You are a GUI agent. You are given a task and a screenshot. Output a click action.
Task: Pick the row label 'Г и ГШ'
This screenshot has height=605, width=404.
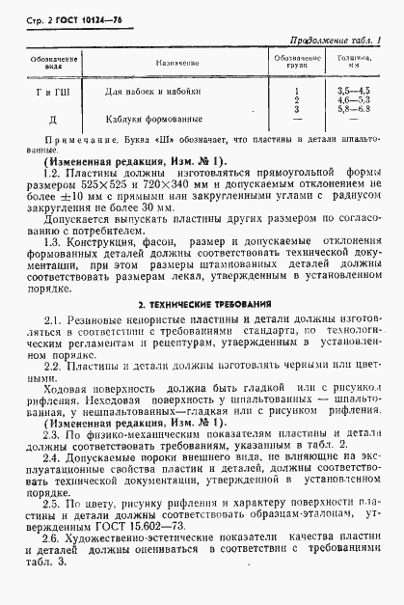pos(43,90)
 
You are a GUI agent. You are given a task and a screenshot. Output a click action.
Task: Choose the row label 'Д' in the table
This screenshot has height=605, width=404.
pos(43,120)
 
